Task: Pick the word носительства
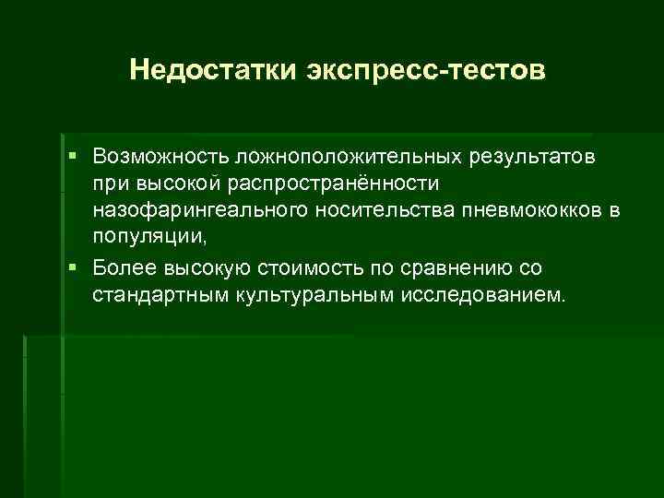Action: click(352, 212)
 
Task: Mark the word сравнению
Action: click(454, 268)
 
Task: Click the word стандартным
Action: click(152, 296)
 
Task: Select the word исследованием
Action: click(489, 296)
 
